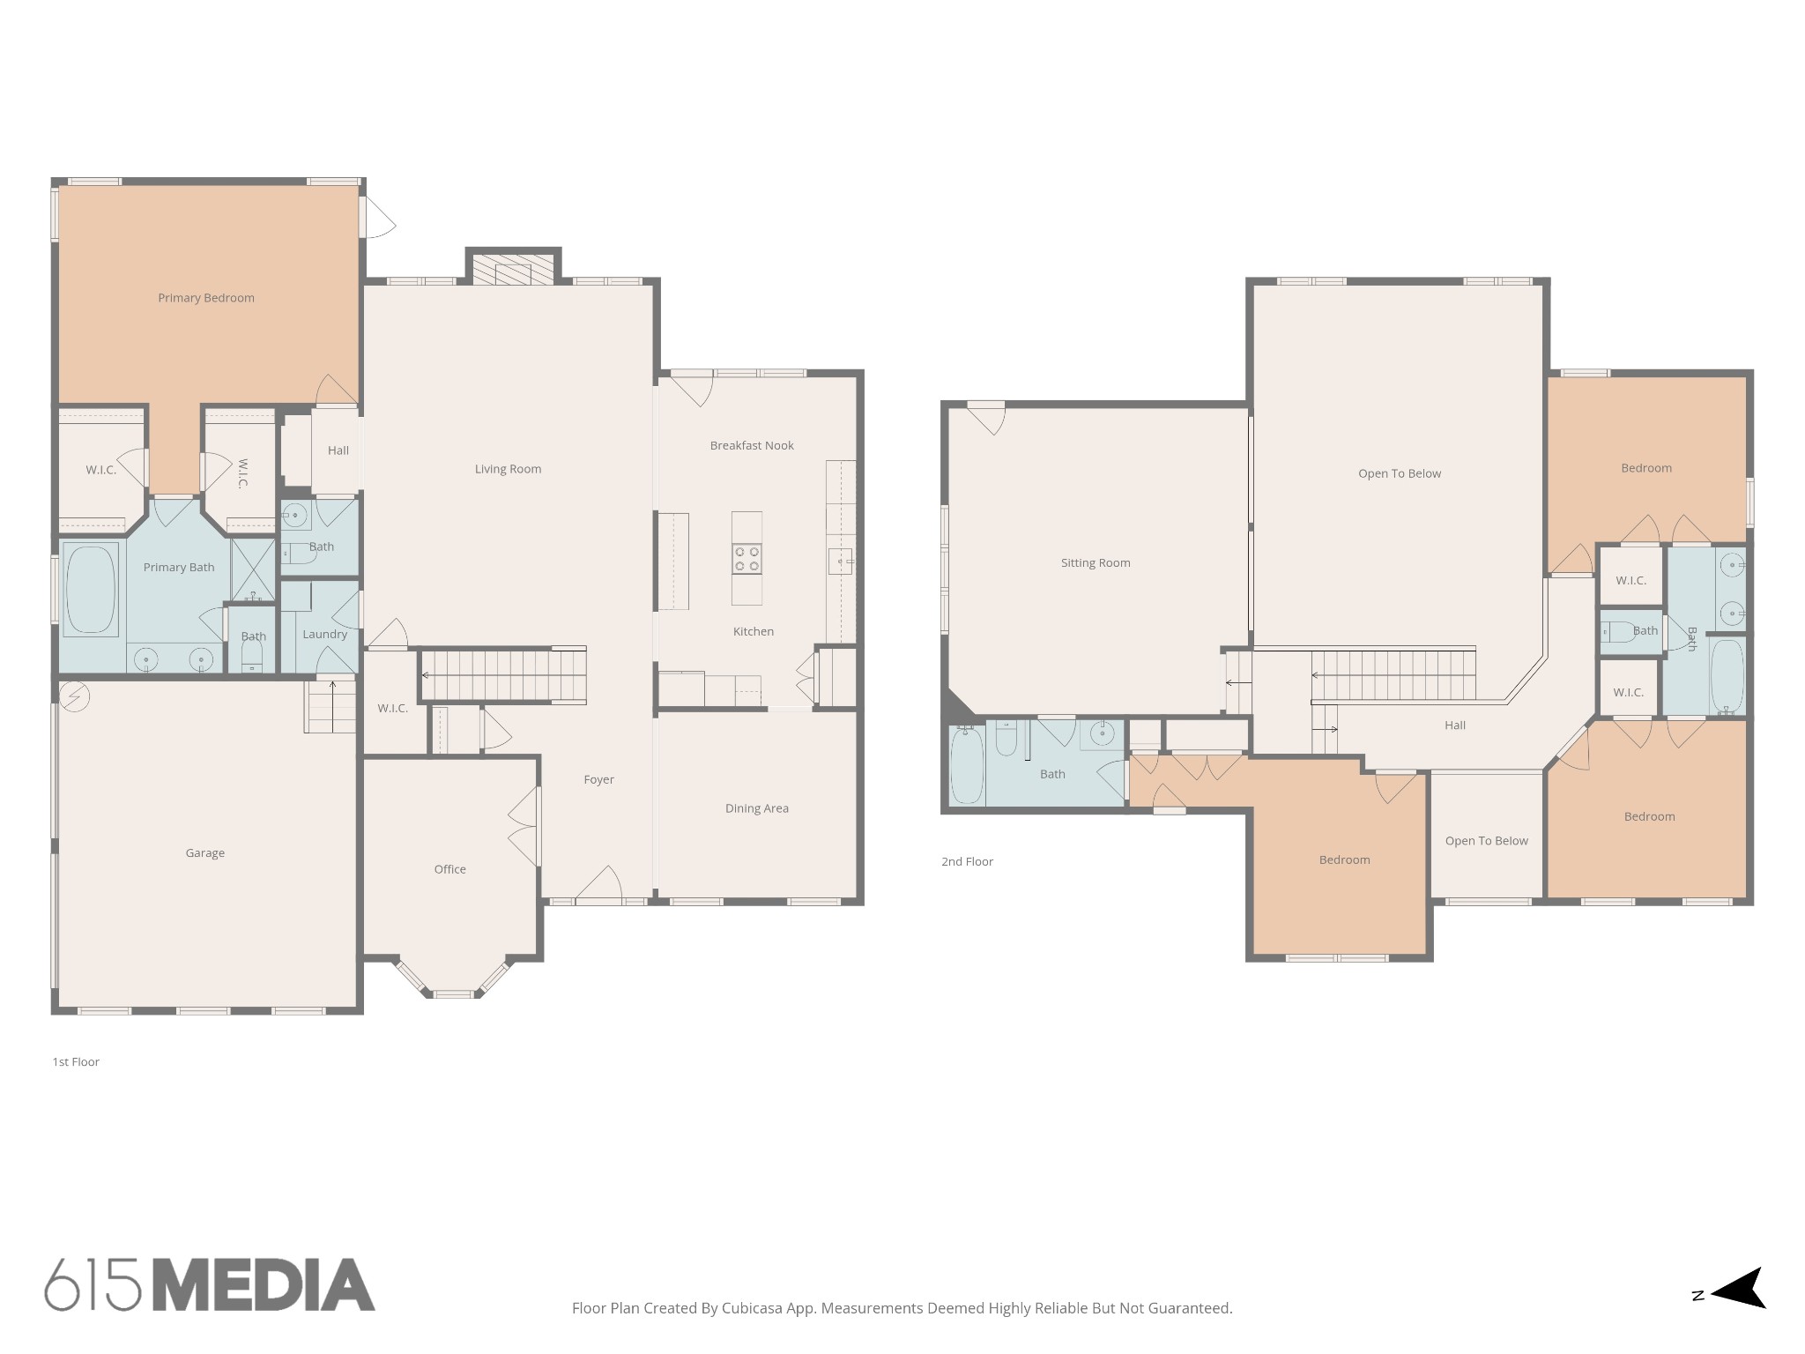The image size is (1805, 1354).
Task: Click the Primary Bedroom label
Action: click(x=206, y=298)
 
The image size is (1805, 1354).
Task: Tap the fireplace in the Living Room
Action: click(x=513, y=270)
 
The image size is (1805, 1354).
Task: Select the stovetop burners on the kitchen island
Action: click(x=747, y=559)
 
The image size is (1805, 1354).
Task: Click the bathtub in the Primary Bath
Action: click(x=91, y=589)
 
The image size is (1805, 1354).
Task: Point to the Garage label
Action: click(x=204, y=852)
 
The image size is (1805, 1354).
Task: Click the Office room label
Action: click(x=449, y=869)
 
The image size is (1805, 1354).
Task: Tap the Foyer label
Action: click(x=598, y=779)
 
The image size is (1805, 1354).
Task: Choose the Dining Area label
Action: click(x=756, y=808)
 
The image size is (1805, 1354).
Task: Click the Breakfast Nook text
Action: click(x=752, y=446)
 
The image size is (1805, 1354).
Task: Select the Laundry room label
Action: click(x=324, y=634)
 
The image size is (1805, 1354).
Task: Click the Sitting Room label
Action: click(x=1096, y=562)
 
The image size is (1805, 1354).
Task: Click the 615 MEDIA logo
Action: click(x=210, y=1285)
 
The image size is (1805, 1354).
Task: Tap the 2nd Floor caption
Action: click(x=967, y=862)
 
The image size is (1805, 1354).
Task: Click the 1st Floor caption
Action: click(x=76, y=1062)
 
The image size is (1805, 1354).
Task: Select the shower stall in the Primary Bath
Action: click(x=253, y=569)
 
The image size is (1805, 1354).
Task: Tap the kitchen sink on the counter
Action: click(x=840, y=561)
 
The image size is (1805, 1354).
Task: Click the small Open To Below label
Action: click(x=1486, y=841)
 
